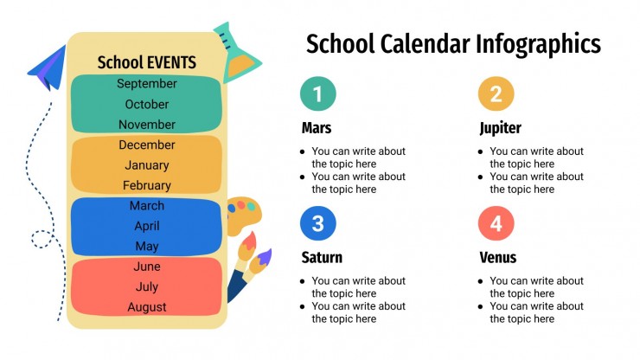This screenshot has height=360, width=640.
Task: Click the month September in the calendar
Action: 147,84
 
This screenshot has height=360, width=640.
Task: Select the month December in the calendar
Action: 147,145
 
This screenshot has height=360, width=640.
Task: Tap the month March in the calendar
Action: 147,206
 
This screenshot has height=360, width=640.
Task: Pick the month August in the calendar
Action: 147,307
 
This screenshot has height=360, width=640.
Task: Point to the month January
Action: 147,165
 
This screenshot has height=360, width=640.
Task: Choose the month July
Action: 147,286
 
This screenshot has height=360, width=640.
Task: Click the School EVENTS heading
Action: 147,62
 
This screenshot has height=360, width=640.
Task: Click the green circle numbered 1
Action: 317,94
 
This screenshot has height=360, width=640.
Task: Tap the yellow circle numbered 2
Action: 496,94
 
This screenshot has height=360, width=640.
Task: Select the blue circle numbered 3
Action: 317,224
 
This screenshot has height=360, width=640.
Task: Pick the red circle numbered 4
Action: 496,224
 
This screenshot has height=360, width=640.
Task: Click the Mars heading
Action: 317,128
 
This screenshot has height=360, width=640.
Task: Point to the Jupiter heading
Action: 501,128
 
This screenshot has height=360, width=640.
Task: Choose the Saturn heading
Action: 322,257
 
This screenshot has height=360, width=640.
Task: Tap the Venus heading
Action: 498,257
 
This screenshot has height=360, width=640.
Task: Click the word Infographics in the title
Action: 539,44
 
